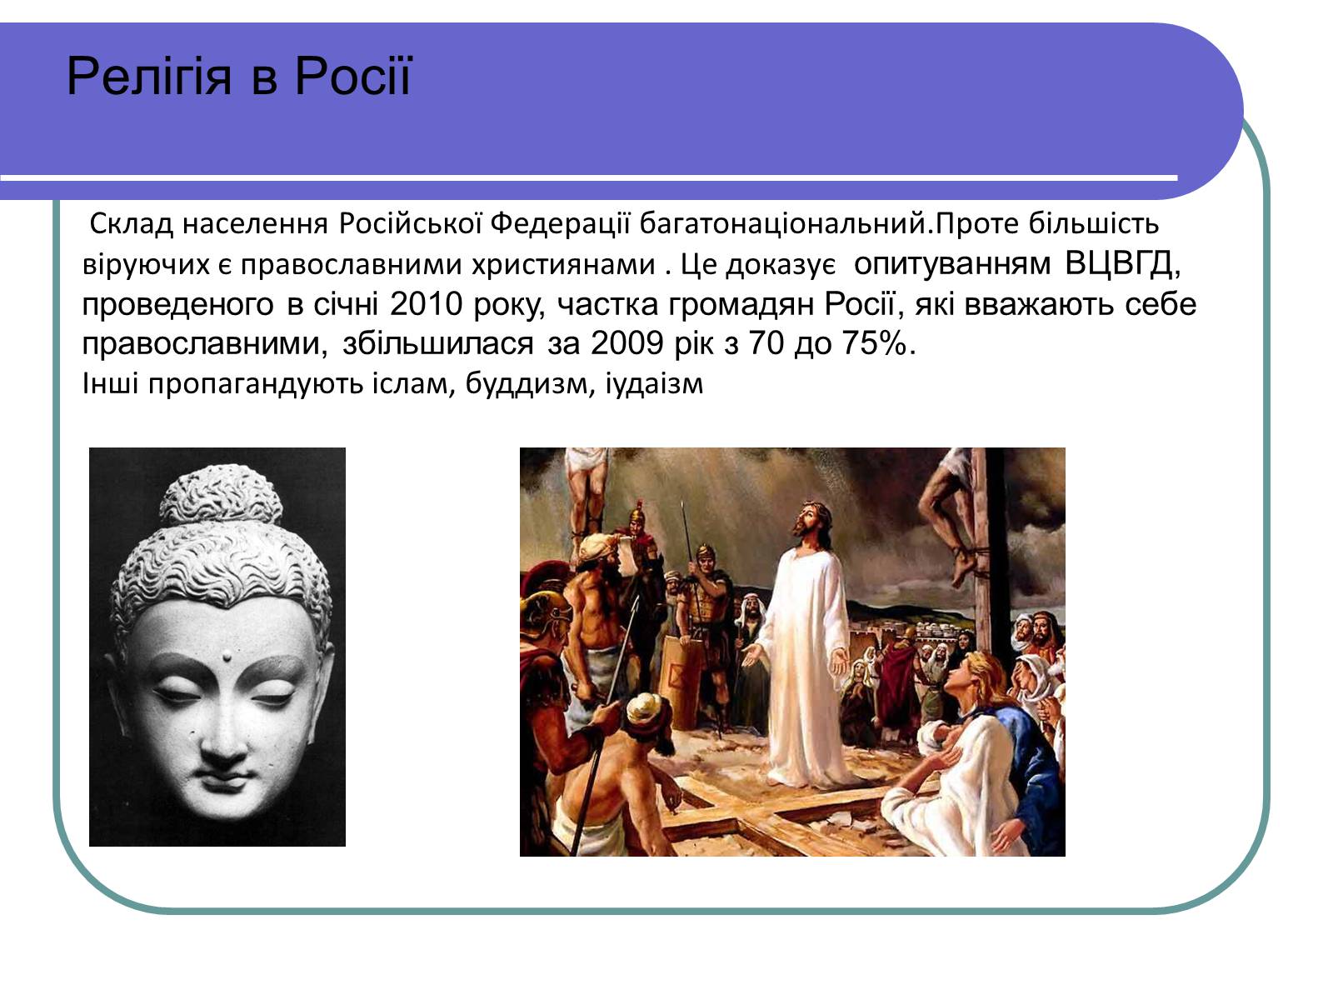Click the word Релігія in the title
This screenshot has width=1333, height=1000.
(x=149, y=77)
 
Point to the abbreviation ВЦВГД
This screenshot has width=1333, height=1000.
(x=1122, y=263)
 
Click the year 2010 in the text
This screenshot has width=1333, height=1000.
(x=426, y=303)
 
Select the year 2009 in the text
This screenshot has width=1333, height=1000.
(x=627, y=343)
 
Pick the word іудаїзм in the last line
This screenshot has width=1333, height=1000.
(x=654, y=383)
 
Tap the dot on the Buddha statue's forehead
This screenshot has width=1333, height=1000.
(x=227, y=656)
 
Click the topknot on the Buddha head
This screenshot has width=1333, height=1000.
(x=220, y=496)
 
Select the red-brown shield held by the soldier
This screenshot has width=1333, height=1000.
(x=679, y=680)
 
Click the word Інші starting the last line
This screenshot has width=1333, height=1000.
(x=111, y=383)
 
